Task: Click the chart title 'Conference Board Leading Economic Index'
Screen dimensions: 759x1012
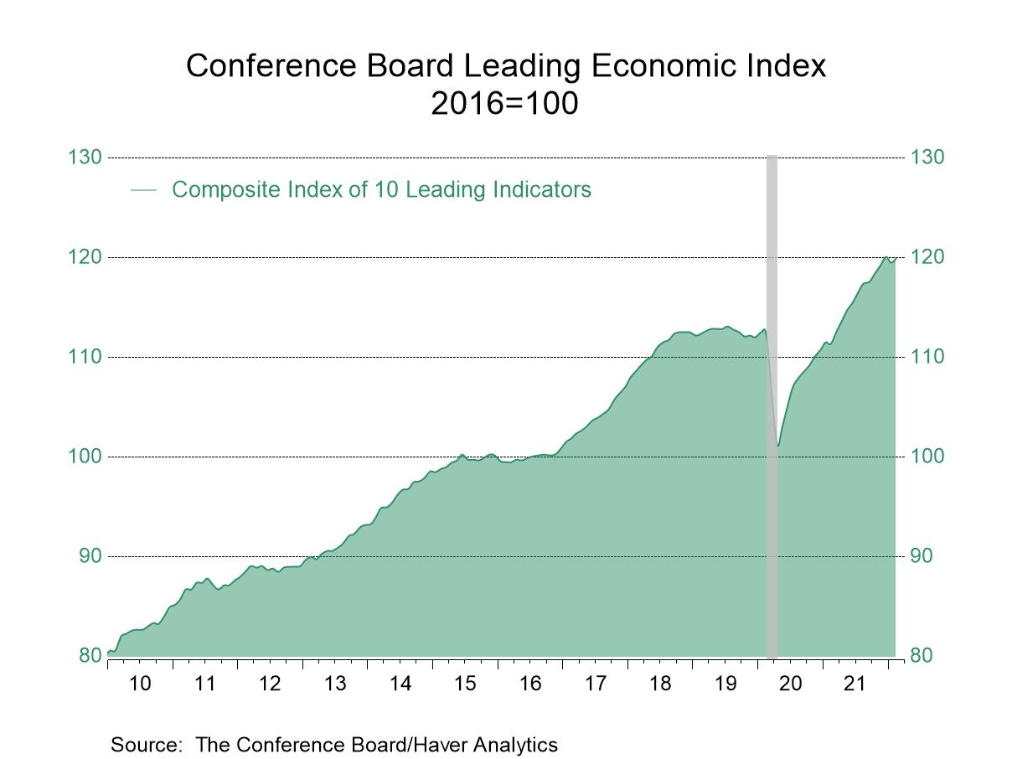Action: [505, 65]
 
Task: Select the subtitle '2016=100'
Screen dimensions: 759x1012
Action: [505, 105]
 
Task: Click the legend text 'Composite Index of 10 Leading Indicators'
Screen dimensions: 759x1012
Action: [381, 190]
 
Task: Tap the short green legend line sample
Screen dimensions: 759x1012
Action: [144, 191]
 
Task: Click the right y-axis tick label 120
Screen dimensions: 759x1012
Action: [927, 257]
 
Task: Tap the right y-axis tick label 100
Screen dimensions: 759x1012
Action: [927, 457]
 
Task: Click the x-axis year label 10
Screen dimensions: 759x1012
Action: [140, 684]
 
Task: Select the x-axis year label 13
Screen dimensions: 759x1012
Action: [335, 684]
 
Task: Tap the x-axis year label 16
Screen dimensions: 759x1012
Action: [530, 684]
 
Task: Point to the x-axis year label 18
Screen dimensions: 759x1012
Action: [660, 684]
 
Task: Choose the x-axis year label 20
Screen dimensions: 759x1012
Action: [790, 684]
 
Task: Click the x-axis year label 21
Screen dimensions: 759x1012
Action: [855, 684]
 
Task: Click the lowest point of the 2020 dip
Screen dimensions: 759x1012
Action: [778, 446]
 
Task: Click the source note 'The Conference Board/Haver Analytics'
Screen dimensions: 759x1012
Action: [376, 744]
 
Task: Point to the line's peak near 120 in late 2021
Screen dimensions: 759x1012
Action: [886, 256]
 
